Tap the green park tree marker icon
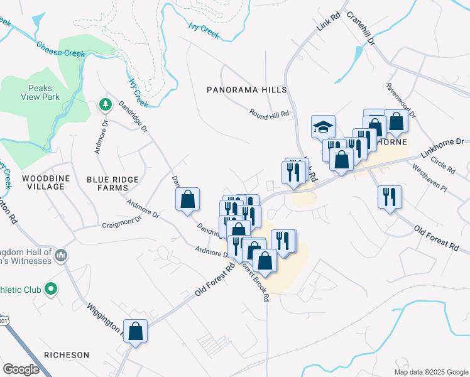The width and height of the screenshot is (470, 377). point(106,104)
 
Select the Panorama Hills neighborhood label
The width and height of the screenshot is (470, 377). point(247,90)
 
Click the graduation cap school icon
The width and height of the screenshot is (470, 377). point(323,126)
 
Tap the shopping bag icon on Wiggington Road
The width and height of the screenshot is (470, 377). point(136,331)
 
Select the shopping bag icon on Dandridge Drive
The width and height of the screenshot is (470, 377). point(187,199)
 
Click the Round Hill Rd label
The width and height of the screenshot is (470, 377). point(269,114)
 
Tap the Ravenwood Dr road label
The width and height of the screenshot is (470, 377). point(401,101)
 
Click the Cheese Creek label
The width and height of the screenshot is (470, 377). point(60,49)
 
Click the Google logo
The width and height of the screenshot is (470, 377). point(21,369)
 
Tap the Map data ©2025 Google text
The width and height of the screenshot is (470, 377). point(430,372)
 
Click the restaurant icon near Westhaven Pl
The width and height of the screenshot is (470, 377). point(390,197)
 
